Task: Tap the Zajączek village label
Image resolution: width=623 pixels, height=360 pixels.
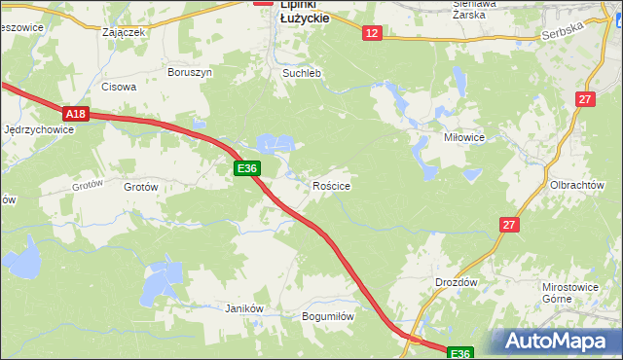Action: click(124, 31)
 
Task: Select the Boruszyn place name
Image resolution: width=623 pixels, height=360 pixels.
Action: click(189, 72)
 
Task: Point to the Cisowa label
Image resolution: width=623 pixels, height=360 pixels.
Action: click(119, 86)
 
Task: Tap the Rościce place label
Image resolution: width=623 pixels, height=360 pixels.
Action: click(331, 185)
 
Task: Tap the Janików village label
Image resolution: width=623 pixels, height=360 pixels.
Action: click(244, 308)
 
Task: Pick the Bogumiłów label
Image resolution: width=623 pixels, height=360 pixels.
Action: click(327, 316)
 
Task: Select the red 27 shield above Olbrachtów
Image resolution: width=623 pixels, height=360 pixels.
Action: click(584, 99)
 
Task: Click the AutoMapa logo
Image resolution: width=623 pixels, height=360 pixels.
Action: click(558, 341)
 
